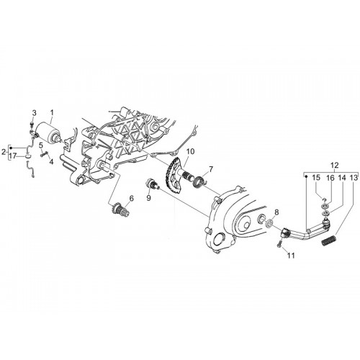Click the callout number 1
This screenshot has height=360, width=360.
(x=52, y=112)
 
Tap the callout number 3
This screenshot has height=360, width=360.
(x=35, y=113)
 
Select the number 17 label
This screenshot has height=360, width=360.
(x=13, y=156)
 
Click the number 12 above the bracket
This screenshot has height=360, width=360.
(x=334, y=165)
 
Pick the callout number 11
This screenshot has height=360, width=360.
(x=291, y=256)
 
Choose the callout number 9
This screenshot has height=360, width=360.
(x=148, y=198)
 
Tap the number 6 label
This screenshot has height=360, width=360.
(x=131, y=198)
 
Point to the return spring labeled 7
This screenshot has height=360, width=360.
(x=199, y=182)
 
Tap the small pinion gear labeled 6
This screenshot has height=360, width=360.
(x=118, y=209)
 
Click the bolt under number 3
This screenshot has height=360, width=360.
(x=32, y=124)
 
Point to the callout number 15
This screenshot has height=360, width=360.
(x=316, y=178)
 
